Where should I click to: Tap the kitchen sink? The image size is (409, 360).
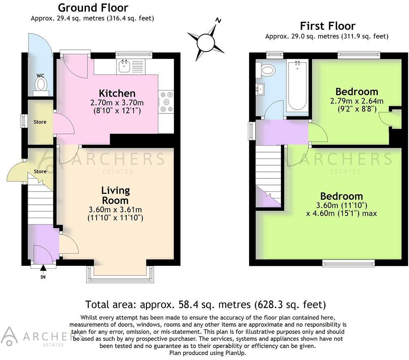click(124, 67)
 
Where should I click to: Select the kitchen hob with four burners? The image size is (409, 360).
click(166, 101)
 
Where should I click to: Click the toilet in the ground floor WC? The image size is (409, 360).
click(41, 84)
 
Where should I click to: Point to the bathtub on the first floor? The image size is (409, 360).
click(297, 85)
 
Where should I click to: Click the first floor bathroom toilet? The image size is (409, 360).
click(266, 70)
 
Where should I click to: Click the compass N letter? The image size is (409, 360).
click(219, 20)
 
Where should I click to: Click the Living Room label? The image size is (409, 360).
click(116, 195)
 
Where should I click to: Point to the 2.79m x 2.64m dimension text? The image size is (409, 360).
click(357, 101)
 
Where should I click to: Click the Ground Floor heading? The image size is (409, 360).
click(93, 7)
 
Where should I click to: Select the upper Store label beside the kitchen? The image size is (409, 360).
click(40, 122)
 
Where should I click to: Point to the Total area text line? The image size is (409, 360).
click(205, 304)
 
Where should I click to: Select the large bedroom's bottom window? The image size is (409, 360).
click(348, 264)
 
